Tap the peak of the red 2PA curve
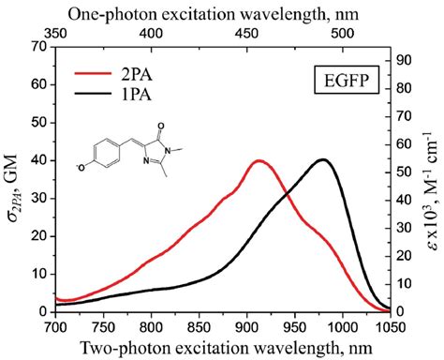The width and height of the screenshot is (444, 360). coord(259,160)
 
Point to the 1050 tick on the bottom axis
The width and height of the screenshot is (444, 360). coord(390,325)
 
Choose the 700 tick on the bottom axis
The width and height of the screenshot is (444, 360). coord(56,325)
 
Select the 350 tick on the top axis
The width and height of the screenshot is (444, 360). coord(56,32)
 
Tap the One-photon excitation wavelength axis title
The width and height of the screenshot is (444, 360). coord(223,10)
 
